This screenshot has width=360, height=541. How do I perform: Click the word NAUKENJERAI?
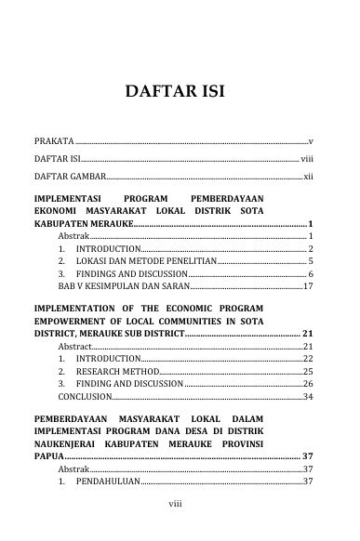(x=71, y=444)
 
